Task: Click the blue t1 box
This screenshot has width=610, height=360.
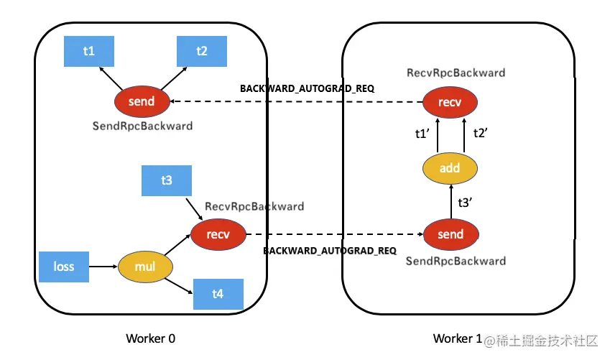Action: (89, 51)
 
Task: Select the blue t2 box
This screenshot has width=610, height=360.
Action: (202, 51)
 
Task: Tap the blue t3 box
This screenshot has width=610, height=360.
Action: (167, 180)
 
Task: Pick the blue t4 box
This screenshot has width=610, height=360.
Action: (218, 294)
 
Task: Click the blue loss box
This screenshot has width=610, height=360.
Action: (64, 267)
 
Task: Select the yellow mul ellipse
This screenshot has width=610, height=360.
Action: (145, 267)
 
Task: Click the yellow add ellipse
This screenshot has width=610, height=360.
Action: (450, 168)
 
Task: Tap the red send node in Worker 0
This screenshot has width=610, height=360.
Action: (142, 101)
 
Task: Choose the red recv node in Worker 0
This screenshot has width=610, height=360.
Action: (218, 234)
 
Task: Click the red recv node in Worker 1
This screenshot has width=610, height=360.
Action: (450, 102)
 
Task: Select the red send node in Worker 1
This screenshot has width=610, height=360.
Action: (451, 234)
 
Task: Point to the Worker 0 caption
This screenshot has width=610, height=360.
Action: (151, 338)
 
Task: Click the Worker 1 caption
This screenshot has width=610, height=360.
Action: (458, 338)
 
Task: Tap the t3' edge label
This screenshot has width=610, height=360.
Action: (465, 203)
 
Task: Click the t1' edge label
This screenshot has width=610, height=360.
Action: (422, 134)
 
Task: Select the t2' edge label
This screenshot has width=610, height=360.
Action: (480, 133)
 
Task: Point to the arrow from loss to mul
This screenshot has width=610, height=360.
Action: (103, 267)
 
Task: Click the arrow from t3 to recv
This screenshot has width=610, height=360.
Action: (194, 209)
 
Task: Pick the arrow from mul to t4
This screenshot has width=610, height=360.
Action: (179, 286)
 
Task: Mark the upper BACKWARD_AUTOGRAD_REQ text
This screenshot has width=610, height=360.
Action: (308, 88)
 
